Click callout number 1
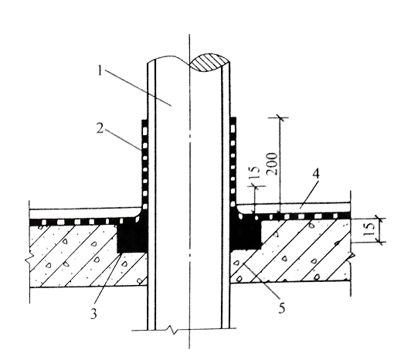(100, 70)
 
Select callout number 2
(100, 128)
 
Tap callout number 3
(93, 314)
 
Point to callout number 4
(316, 175)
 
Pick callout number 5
(282, 307)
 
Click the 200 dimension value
(273, 164)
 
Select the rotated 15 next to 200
(254, 172)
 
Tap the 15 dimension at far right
(369, 229)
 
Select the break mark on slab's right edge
(351, 257)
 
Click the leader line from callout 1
(138, 87)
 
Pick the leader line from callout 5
(262, 281)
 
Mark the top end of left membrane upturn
(144, 120)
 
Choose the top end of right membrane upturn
(233, 119)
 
